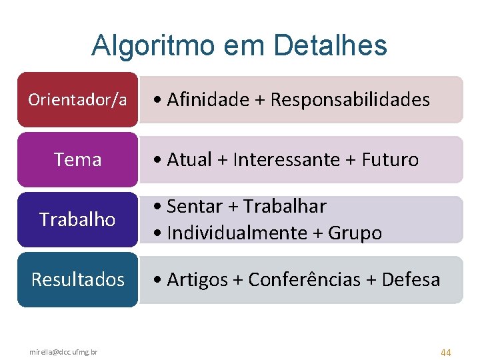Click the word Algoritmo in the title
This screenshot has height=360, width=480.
point(153,45)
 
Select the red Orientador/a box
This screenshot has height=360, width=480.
point(77,100)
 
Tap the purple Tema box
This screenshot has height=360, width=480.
point(77,160)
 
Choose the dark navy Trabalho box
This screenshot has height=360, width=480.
point(77,219)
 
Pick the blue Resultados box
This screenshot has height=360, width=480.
point(77,279)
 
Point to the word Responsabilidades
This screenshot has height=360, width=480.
point(350,100)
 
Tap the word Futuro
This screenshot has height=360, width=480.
point(390,160)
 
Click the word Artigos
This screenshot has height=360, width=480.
point(197,280)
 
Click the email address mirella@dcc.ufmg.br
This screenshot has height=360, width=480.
point(63,351)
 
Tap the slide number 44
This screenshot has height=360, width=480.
point(445,351)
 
